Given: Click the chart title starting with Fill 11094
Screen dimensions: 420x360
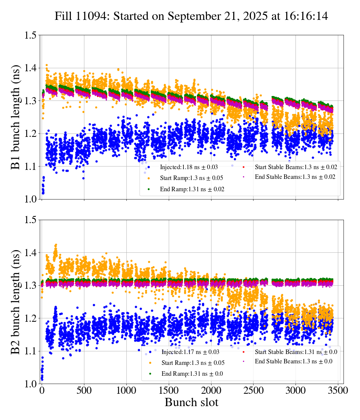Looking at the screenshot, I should click(x=191, y=16).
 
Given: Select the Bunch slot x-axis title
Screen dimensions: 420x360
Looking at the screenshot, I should click(x=191, y=403).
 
